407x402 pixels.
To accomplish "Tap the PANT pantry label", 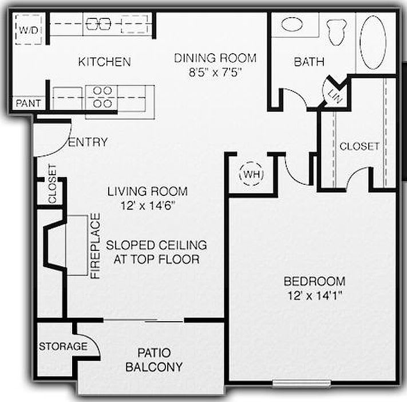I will tap(28, 104).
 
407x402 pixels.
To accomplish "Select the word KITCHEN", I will tap(105, 62).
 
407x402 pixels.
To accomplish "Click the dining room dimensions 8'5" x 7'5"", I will tap(215, 73).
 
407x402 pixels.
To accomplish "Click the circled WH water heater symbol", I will tap(250, 173).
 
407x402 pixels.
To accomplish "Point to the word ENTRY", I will tap(88, 142).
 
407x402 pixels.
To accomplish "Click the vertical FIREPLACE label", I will tap(96, 246).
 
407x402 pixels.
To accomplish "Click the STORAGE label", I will tap(63, 346).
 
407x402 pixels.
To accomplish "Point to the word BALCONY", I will tap(154, 367).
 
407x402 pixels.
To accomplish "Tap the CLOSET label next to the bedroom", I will tap(359, 146).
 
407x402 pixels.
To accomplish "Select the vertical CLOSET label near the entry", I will tap(52, 184).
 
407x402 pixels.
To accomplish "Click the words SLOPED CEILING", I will tap(156, 245).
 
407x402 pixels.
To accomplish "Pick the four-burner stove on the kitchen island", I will tap(101, 97).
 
